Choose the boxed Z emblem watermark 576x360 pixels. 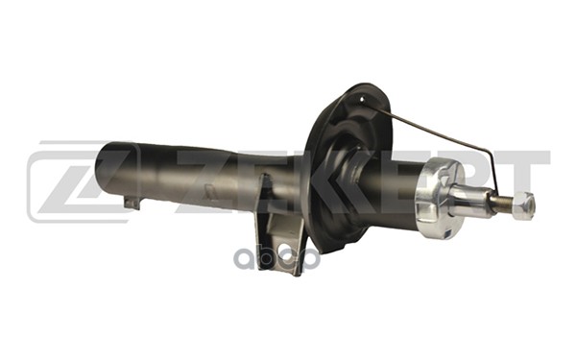click(x=67, y=182)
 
